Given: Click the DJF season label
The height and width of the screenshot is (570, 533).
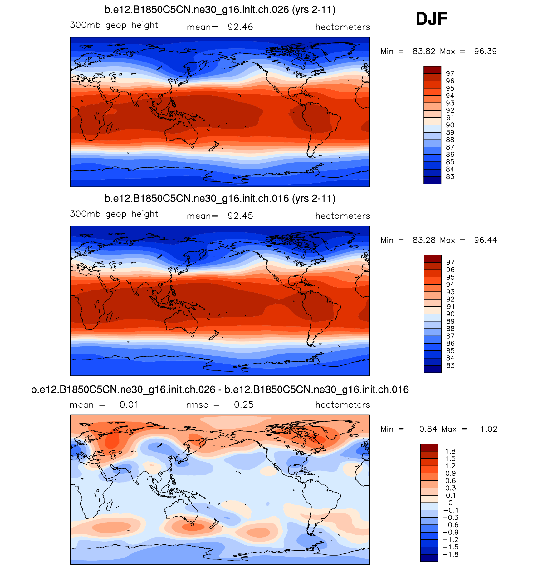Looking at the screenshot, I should (431, 19).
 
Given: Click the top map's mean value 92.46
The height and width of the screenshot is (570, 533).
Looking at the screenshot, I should (240, 27).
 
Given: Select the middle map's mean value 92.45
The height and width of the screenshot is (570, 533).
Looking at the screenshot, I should (240, 216).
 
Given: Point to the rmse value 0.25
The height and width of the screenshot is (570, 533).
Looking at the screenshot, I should (244, 405).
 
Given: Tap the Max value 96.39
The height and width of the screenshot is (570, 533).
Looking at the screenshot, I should (485, 51).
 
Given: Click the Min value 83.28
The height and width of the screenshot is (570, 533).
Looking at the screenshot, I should (424, 240).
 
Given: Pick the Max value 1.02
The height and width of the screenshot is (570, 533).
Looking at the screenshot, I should (488, 429).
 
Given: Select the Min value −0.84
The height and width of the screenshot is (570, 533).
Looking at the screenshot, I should (425, 429).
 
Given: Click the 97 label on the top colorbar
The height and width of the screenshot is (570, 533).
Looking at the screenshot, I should (450, 74).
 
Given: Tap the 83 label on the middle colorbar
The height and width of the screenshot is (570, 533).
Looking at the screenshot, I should (450, 366).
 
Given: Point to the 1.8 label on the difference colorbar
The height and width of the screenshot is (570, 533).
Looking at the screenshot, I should (450, 451).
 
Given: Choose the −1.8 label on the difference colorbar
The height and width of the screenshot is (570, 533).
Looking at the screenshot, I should (450, 554).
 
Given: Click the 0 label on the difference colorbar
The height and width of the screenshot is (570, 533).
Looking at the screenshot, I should (450, 503).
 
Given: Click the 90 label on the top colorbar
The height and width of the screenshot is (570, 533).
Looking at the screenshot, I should (450, 125).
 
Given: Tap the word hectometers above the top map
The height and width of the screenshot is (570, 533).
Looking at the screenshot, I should (342, 27).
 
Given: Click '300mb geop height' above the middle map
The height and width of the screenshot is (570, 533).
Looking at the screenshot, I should (114, 214).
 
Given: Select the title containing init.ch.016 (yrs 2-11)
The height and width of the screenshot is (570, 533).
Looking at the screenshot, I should (220, 199).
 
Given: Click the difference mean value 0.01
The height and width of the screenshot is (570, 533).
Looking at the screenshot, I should (129, 405).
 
